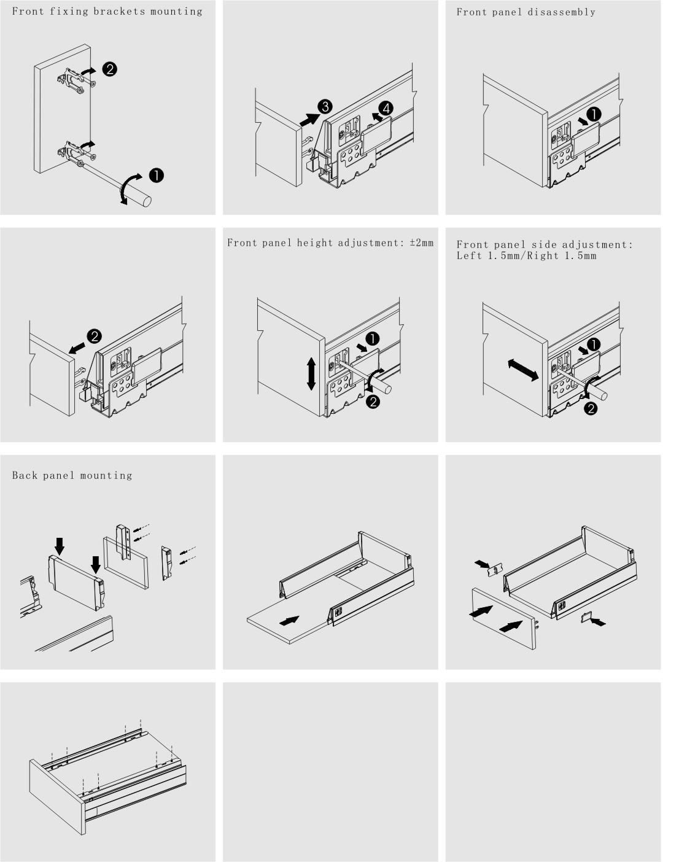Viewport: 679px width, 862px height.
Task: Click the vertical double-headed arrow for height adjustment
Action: point(311,373)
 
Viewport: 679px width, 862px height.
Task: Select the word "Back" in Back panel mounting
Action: point(25,475)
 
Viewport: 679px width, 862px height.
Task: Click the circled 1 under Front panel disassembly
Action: point(594,114)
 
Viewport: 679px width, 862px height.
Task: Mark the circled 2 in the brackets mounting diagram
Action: point(109,69)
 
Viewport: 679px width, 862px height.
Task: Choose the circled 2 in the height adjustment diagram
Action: point(373,402)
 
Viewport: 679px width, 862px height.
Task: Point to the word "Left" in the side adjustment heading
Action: point(470,255)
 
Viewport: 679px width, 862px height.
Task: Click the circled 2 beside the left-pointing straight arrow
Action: point(95,336)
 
